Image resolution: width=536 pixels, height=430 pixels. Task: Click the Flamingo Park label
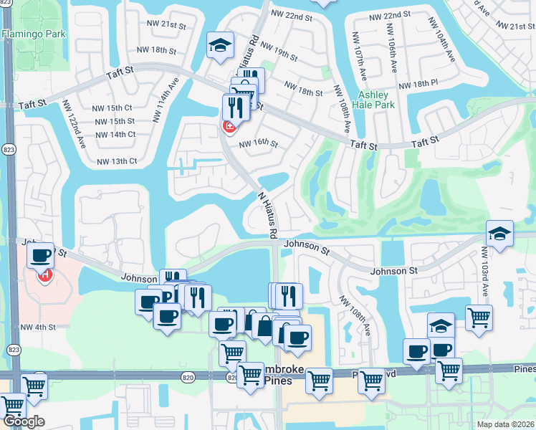34,34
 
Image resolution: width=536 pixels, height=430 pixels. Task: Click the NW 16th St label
258,143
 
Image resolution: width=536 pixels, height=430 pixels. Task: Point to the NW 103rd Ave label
484,272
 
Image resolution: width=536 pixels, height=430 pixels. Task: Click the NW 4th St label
38,328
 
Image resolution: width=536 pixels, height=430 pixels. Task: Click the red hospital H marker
44,274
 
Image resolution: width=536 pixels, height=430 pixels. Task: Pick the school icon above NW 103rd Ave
499,233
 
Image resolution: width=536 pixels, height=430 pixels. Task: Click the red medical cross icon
229,128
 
